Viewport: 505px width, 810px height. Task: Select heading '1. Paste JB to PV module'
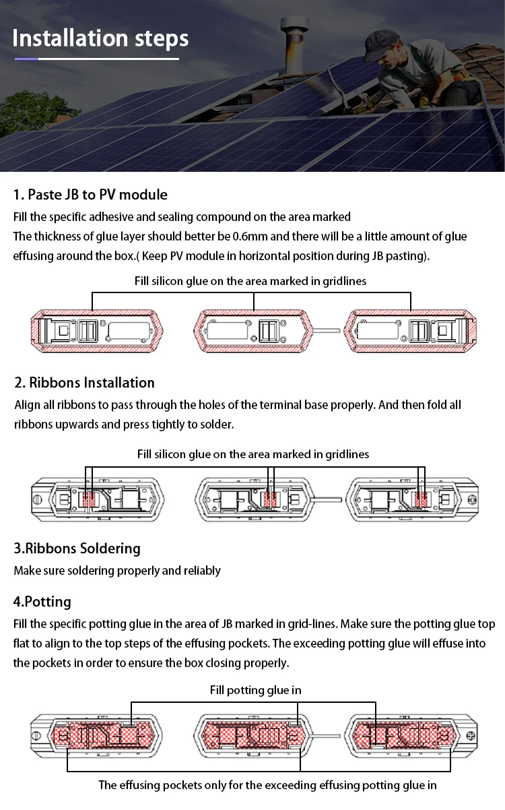pos(90,195)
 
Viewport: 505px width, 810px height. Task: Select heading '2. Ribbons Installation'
pos(85,383)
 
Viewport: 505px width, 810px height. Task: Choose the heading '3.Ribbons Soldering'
pos(77,548)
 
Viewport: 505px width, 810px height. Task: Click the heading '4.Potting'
pos(42,601)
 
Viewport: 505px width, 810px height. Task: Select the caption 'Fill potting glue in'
pos(255,690)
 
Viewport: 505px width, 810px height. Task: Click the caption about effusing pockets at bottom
pos(267,785)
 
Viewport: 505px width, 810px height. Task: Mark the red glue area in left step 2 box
pos(88,499)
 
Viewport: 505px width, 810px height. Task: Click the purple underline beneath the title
pos(27,59)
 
